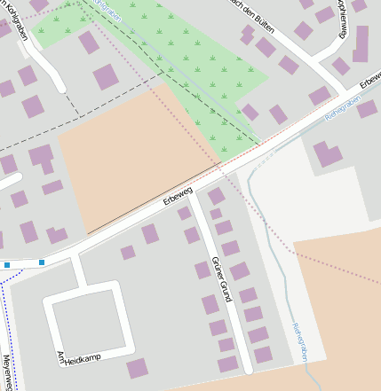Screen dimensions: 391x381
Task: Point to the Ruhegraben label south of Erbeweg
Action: click(298, 341)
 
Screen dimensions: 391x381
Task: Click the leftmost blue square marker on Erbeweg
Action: click(7, 264)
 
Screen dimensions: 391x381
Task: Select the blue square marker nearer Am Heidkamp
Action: click(42, 262)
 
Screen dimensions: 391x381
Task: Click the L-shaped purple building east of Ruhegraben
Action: click(326, 154)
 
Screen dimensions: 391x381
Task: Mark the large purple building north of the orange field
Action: click(106, 76)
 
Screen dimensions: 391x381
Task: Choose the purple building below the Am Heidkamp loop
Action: click(138, 368)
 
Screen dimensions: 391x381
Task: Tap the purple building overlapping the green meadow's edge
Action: click(88, 42)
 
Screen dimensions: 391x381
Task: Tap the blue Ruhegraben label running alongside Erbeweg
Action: click(343, 111)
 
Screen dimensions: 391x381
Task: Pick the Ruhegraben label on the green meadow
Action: click(107, 8)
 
